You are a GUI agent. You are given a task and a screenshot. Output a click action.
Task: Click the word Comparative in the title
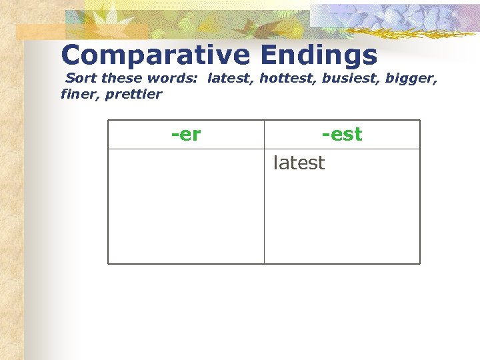(155, 55)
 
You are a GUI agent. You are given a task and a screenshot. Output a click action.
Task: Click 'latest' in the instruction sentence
(231, 78)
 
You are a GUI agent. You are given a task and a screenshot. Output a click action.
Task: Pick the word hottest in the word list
(287, 78)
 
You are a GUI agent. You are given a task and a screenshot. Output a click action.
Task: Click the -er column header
(186, 135)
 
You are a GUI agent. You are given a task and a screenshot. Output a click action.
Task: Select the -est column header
(342, 135)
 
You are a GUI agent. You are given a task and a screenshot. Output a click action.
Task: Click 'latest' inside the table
(299, 163)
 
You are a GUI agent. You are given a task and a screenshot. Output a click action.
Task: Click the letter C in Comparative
(72, 55)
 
